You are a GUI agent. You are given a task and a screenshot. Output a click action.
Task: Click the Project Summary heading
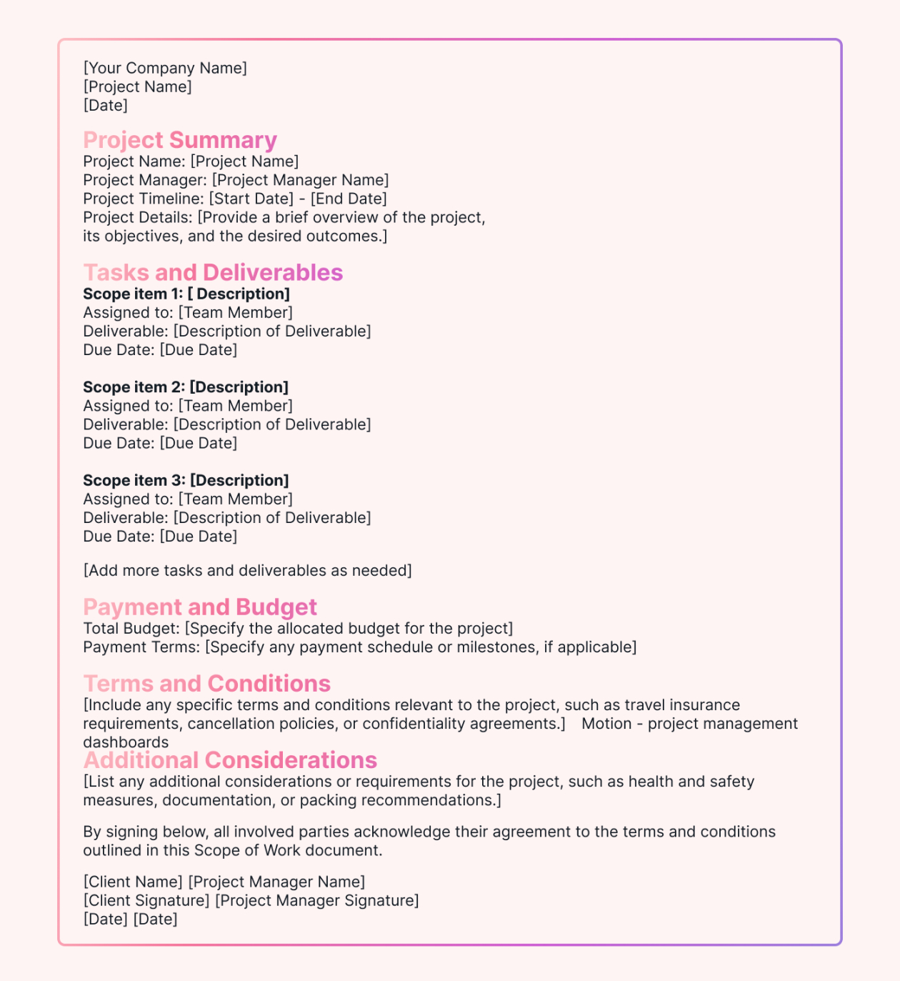[180, 140]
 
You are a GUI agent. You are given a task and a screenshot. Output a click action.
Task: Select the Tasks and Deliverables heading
[213, 272]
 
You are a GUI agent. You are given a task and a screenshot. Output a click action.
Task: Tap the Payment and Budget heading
[200, 607]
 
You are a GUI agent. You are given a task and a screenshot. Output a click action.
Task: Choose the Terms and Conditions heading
[207, 683]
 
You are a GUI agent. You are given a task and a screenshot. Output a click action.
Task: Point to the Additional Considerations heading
[230, 760]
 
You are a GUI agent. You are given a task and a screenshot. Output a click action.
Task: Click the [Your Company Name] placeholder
[165, 68]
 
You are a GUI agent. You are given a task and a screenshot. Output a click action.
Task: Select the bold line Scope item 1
[186, 294]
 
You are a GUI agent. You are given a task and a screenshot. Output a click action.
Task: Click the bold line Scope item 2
[186, 387]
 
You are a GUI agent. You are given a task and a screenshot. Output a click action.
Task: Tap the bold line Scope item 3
[186, 480]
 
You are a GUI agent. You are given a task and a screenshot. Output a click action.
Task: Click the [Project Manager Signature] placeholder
[317, 900]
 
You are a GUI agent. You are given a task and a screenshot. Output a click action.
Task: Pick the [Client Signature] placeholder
[146, 900]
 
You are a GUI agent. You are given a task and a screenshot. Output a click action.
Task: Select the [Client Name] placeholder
[133, 882]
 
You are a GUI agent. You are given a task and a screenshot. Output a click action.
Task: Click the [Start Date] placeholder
[251, 199]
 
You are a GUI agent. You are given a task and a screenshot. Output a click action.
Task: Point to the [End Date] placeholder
[349, 199]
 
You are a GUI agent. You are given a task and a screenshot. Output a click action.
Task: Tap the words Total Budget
[131, 628]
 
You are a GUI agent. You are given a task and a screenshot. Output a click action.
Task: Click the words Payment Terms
[141, 647]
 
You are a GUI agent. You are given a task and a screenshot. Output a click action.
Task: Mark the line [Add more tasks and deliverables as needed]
[247, 570]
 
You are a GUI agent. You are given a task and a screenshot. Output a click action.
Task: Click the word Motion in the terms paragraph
[606, 723]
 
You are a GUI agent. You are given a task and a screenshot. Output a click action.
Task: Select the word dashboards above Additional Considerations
[126, 742]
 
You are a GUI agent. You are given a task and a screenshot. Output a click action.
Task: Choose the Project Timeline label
[143, 199]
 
